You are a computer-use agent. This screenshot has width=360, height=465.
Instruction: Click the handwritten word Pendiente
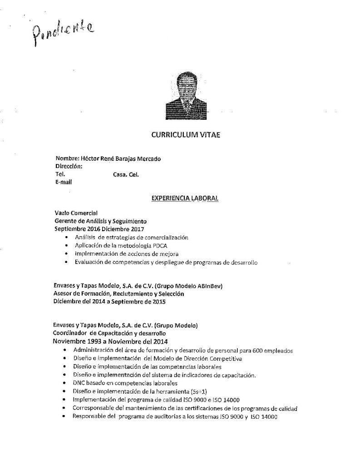coord(62,33)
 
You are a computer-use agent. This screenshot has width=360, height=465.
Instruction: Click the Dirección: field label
coord(68,166)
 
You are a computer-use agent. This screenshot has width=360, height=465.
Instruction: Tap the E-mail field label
coord(64,182)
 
